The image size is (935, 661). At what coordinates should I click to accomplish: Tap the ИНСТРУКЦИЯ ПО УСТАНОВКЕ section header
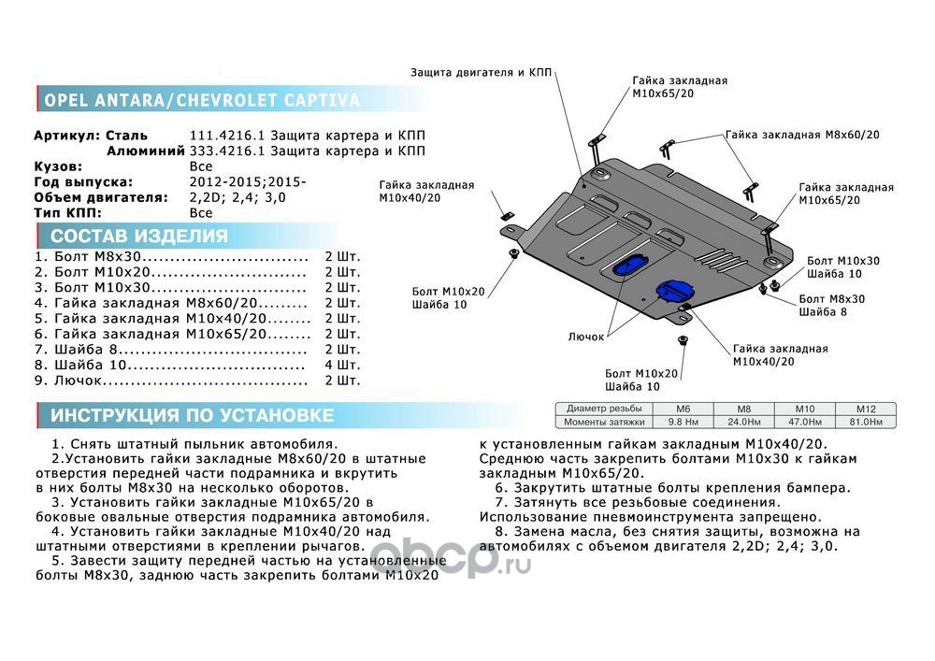tap(192, 415)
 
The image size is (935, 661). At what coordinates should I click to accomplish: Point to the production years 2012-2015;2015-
tap(247, 182)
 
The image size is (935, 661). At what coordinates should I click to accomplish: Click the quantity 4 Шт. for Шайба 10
tap(341, 366)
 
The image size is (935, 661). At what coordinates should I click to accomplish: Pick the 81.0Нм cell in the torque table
tap(864, 423)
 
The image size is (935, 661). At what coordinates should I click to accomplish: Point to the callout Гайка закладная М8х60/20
tap(802, 135)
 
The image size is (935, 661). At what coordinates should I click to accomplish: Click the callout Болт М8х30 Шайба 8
tap(831, 305)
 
